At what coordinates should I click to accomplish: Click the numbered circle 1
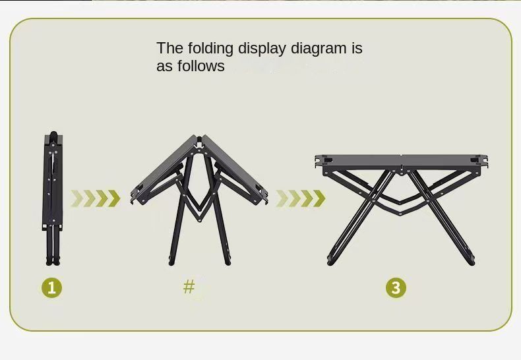click(x=52, y=287)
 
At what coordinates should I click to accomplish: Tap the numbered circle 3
click(x=396, y=287)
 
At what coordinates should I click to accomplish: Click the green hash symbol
click(x=189, y=287)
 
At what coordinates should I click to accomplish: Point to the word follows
click(x=200, y=66)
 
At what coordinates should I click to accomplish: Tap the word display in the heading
click(x=262, y=49)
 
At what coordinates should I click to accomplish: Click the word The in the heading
click(x=169, y=48)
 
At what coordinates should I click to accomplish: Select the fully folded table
click(x=52, y=198)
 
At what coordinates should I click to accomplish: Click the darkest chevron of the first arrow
click(x=114, y=198)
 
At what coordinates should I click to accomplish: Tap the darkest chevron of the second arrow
click(x=319, y=198)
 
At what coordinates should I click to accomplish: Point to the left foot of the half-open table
click(x=171, y=262)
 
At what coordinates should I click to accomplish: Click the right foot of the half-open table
click(x=228, y=262)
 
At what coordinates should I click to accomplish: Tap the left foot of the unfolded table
click(x=330, y=262)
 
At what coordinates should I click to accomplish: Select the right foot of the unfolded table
click(x=472, y=262)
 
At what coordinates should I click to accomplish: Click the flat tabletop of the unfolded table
click(x=402, y=161)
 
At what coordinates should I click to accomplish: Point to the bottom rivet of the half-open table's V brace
click(x=199, y=220)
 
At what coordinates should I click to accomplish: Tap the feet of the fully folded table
click(x=53, y=261)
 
